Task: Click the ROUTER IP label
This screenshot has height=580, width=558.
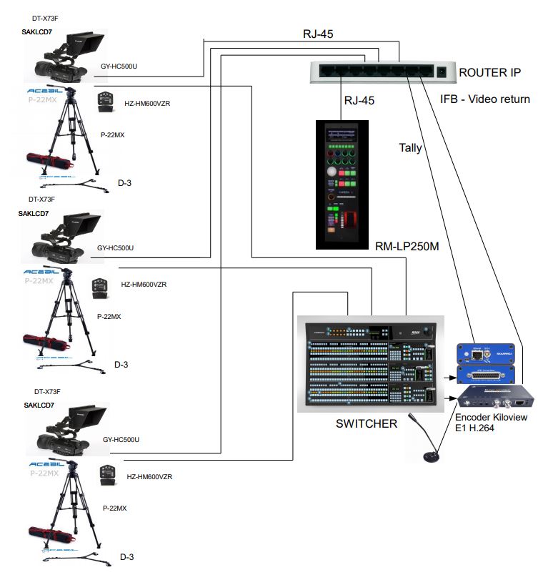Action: coord(490,72)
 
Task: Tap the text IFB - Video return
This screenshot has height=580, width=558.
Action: coord(485,99)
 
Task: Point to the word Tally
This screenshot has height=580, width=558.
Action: coord(410,148)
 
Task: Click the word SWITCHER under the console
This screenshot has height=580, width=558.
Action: coord(366,423)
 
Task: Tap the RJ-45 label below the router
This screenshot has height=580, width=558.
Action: coord(360,100)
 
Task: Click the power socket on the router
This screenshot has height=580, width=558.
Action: coord(442,72)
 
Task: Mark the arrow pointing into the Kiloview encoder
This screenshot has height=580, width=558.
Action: coord(450,398)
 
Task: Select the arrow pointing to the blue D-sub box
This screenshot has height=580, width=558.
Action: coord(450,375)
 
